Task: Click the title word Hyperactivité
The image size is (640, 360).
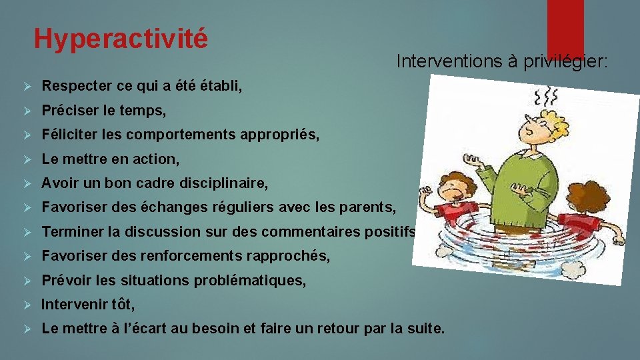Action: pyautogui.click(x=121, y=38)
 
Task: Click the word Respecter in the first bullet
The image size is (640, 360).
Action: pyautogui.click(x=73, y=86)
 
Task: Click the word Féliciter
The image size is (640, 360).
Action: pyautogui.click(x=67, y=135)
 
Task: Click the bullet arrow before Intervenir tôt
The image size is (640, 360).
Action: pyautogui.click(x=27, y=305)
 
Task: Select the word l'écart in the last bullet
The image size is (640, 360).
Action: pyautogui.click(x=133, y=329)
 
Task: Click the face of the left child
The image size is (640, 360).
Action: pyautogui.click(x=461, y=189)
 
